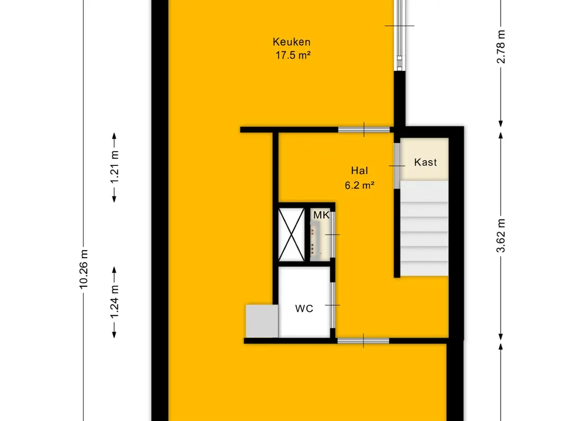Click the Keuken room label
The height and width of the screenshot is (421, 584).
click(x=291, y=42)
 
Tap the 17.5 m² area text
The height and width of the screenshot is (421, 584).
click(x=293, y=55)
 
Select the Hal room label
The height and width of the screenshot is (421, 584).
click(x=360, y=170)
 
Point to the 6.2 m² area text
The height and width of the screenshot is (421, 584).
click(x=360, y=185)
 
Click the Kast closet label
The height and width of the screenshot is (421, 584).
click(x=425, y=162)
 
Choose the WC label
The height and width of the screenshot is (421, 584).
click(x=304, y=309)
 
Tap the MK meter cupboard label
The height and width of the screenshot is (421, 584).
click(x=321, y=215)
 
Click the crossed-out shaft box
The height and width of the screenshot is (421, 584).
click(x=291, y=234)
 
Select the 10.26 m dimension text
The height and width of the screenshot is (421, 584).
click(x=84, y=269)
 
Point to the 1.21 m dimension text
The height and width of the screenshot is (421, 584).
click(x=114, y=167)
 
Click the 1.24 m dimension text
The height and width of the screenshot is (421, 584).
click(x=114, y=302)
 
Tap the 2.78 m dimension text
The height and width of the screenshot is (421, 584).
click(x=501, y=46)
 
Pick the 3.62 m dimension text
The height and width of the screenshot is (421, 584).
click(x=501, y=235)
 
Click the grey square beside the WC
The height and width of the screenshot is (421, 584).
click(x=262, y=321)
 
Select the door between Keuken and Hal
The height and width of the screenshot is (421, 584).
click(x=364, y=130)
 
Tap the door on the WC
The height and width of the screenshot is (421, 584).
click(x=333, y=305)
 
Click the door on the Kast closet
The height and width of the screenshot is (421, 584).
click(x=397, y=166)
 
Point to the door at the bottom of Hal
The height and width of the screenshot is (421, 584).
click(x=363, y=341)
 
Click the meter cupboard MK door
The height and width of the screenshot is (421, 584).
click(x=333, y=234)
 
